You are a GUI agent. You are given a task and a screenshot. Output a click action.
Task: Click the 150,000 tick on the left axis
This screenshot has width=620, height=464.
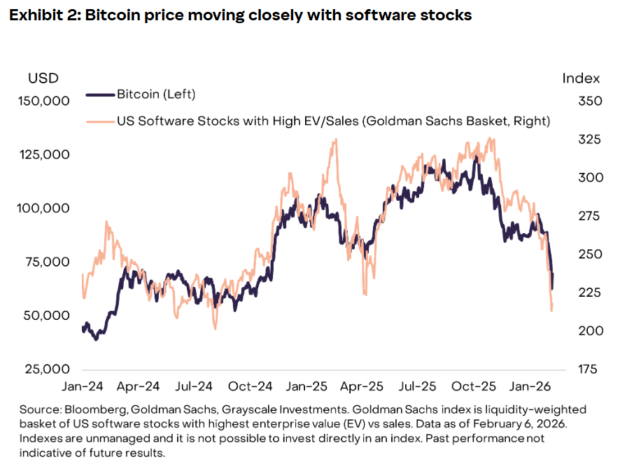tap(43, 101)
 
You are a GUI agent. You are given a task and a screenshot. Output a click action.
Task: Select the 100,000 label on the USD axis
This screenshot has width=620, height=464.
tap(43, 208)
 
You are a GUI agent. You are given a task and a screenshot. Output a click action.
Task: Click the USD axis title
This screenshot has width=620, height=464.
tap(43, 78)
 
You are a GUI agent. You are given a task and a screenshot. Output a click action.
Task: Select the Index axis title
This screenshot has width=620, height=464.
tap(581, 78)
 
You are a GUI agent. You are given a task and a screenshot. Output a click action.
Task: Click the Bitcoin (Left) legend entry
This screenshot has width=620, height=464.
tap(156, 94)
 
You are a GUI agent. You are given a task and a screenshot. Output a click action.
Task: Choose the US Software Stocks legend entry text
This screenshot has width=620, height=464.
tap(333, 121)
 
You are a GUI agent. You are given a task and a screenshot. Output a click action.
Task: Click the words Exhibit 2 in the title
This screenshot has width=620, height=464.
tap(41, 15)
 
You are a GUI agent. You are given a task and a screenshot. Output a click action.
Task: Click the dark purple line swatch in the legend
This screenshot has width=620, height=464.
tap(99, 94)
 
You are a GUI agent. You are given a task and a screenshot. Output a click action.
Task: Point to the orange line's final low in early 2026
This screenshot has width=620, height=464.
tap(552, 310)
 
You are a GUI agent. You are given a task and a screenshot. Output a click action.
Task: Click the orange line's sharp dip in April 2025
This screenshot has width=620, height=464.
tap(365, 293)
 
